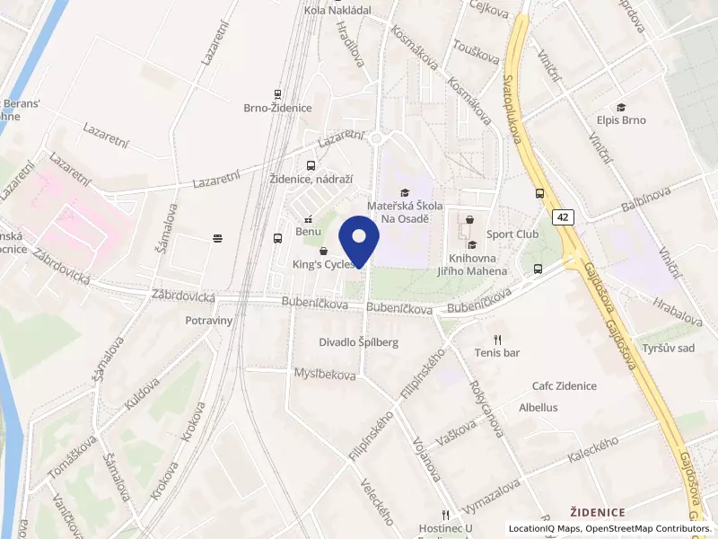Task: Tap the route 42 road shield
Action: (x=563, y=217)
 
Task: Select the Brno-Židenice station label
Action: (x=277, y=108)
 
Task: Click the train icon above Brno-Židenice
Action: (x=277, y=93)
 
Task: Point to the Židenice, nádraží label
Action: (x=311, y=180)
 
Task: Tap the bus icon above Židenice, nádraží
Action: (x=311, y=165)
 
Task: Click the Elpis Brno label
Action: (x=621, y=119)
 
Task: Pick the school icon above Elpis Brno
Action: (x=621, y=106)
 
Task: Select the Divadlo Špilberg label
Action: (x=358, y=342)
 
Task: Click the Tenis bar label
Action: (x=497, y=353)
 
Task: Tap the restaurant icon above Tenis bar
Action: (x=497, y=340)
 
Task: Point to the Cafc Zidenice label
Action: (x=564, y=386)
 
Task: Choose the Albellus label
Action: (x=538, y=407)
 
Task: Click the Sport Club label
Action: (x=512, y=234)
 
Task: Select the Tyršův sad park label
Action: (x=669, y=348)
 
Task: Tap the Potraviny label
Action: (x=209, y=321)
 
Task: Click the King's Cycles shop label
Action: (x=323, y=265)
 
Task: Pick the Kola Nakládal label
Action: (x=338, y=11)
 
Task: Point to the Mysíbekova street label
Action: (x=325, y=373)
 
